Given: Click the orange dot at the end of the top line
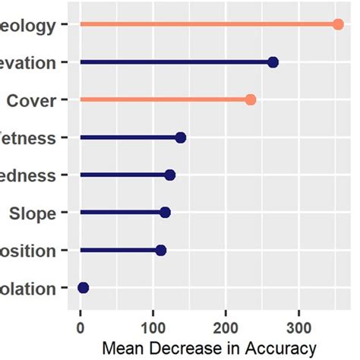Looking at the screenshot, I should click(x=339, y=24).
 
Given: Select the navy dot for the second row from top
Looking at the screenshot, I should click(x=273, y=62).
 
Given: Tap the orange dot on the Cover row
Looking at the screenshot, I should click(x=251, y=99).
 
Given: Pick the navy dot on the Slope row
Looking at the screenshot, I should click(x=165, y=213).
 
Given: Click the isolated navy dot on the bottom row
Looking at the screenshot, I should click(x=84, y=287).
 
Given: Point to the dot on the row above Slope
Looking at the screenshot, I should click(x=169, y=175).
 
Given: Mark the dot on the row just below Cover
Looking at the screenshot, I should click(x=180, y=137).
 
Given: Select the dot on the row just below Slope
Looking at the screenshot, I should click(x=160, y=250).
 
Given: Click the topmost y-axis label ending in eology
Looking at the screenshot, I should click(x=28, y=26).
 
